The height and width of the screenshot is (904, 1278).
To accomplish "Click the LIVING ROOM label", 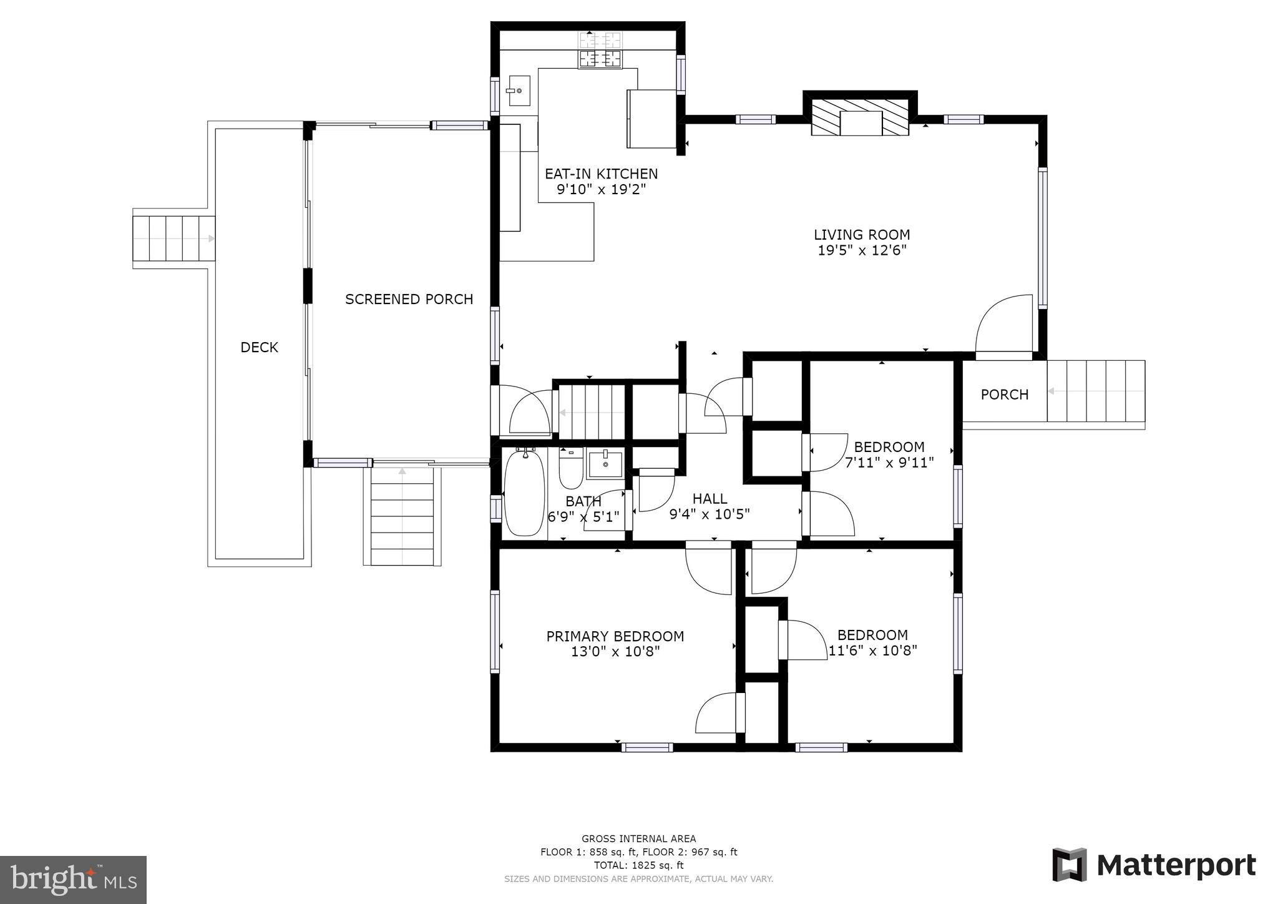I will pos(862,235).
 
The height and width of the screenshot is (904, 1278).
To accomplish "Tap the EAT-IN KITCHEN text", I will pos(601,174).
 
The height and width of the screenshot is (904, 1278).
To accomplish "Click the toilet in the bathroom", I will pos(570,469).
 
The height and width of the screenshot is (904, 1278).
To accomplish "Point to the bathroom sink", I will pos(604,464).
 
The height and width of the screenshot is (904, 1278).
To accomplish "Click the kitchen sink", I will pos(518,91).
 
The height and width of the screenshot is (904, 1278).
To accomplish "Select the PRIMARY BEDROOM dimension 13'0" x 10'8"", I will pos(615,652).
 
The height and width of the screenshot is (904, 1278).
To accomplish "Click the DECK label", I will pos(259,348).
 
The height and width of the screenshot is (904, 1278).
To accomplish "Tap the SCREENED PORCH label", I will pos(409,300).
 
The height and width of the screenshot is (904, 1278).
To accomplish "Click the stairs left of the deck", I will pos(173,239).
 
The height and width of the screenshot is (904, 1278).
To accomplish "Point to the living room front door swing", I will pos(1003,325).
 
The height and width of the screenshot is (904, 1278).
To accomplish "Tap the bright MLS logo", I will pos(73,880).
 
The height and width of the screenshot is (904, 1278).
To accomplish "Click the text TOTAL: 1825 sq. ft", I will pos(638,865).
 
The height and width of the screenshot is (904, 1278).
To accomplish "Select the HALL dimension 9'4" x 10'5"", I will pos(709,514).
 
